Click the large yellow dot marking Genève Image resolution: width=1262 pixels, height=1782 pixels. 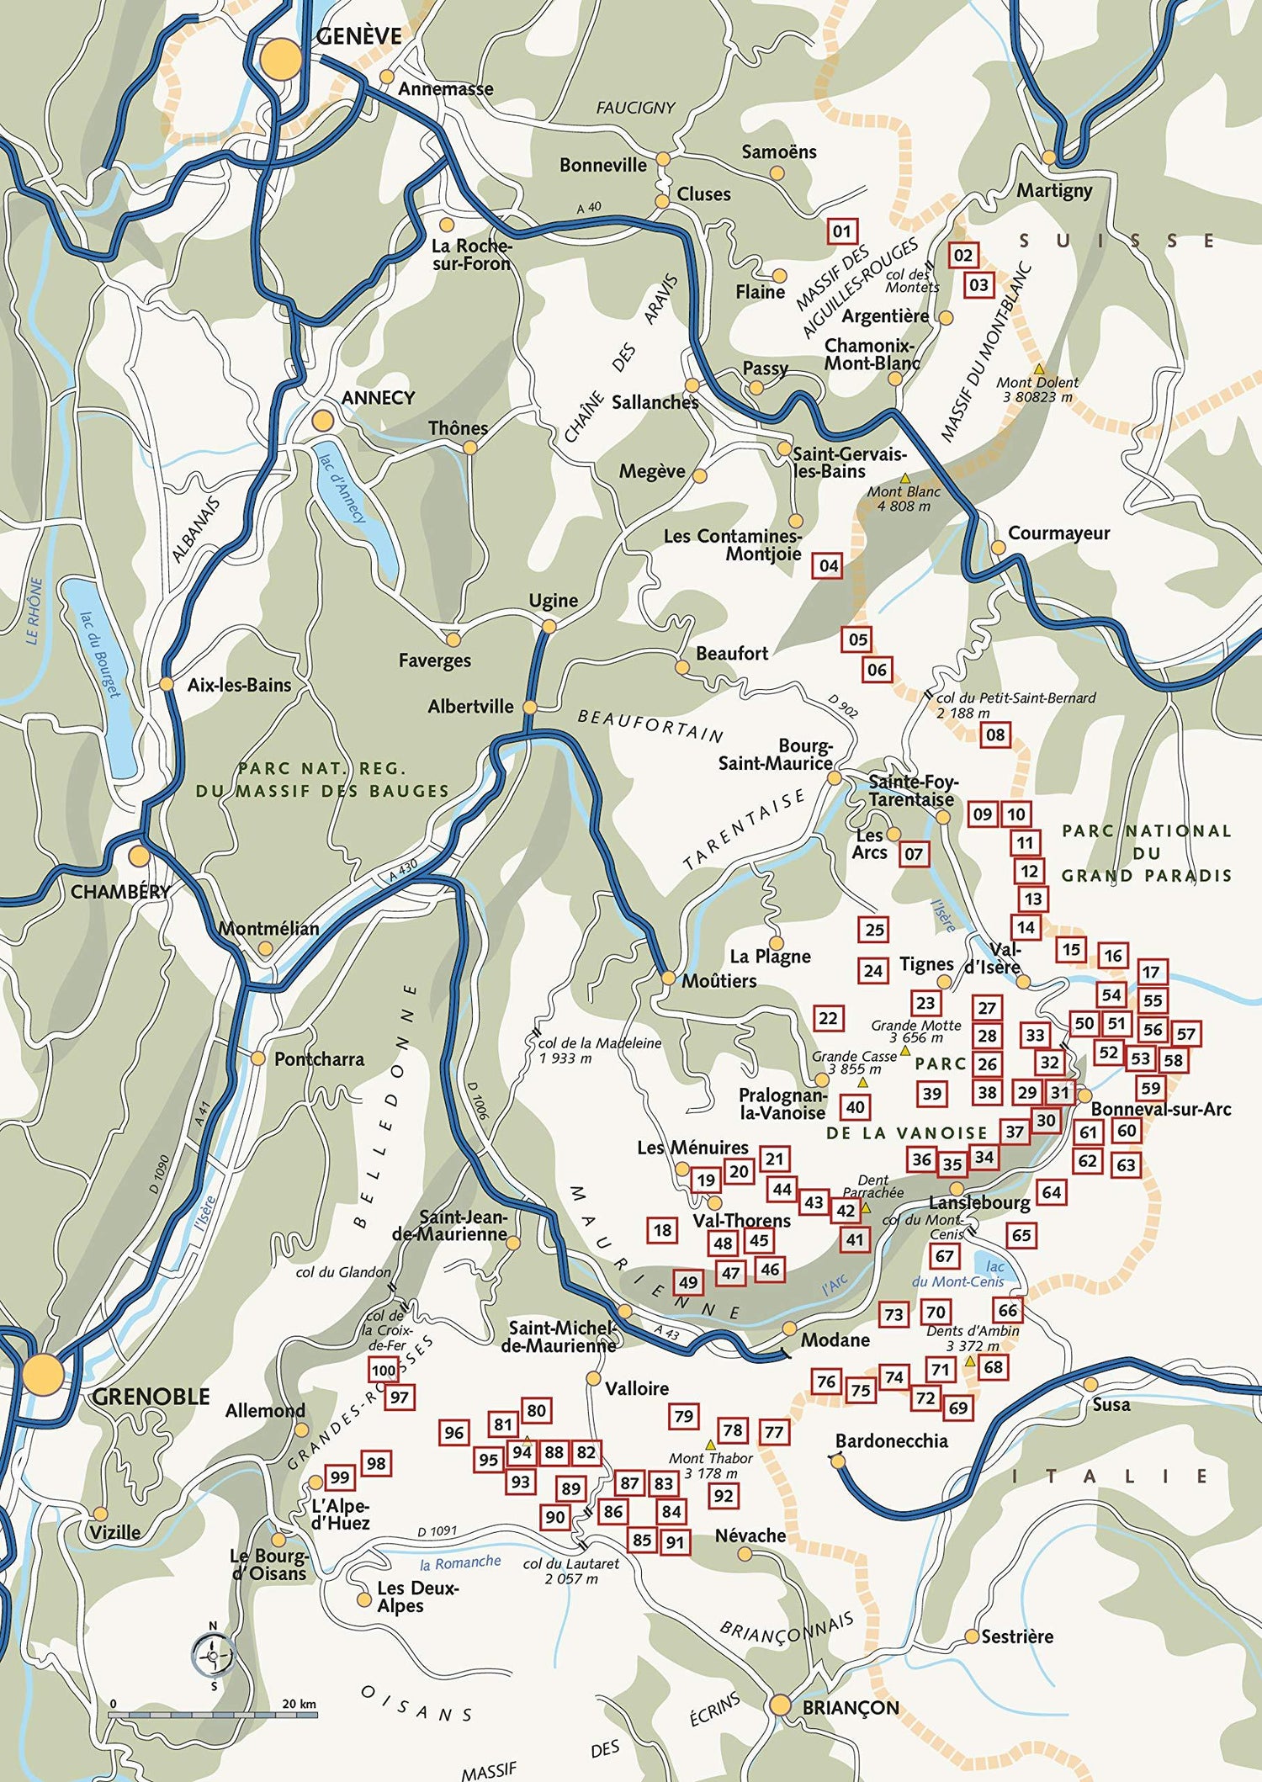click(x=280, y=60)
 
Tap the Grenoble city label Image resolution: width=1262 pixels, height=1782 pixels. click(x=151, y=1397)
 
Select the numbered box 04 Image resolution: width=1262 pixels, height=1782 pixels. click(x=829, y=565)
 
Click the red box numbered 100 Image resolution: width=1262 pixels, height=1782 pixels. click(x=384, y=1371)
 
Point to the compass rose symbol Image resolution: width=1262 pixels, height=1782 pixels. click(x=213, y=1656)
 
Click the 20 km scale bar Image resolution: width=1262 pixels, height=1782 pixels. click(x=214, y=1714)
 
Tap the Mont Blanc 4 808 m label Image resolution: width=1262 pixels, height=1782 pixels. click(x=904, y=499)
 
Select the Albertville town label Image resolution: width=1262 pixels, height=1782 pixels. click(x=470, y=707)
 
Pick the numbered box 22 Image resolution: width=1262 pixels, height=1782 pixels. click(x=829, y=1018)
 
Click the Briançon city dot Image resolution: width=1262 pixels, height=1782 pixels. click(x=780, y=1705)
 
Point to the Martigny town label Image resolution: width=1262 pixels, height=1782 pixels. click(x=1054, y=190)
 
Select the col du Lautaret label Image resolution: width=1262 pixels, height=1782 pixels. click(x=571, y=1571)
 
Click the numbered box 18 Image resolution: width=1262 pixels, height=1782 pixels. click(x=663, y=1230)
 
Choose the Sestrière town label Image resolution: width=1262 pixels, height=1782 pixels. click(x=1017, y=1636)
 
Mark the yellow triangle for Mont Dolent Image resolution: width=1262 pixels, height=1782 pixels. click(x=1039, y=369)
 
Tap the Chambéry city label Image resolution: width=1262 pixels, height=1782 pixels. click(x=120, y=892)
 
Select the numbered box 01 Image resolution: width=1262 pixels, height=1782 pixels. click(x=841, y=231)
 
